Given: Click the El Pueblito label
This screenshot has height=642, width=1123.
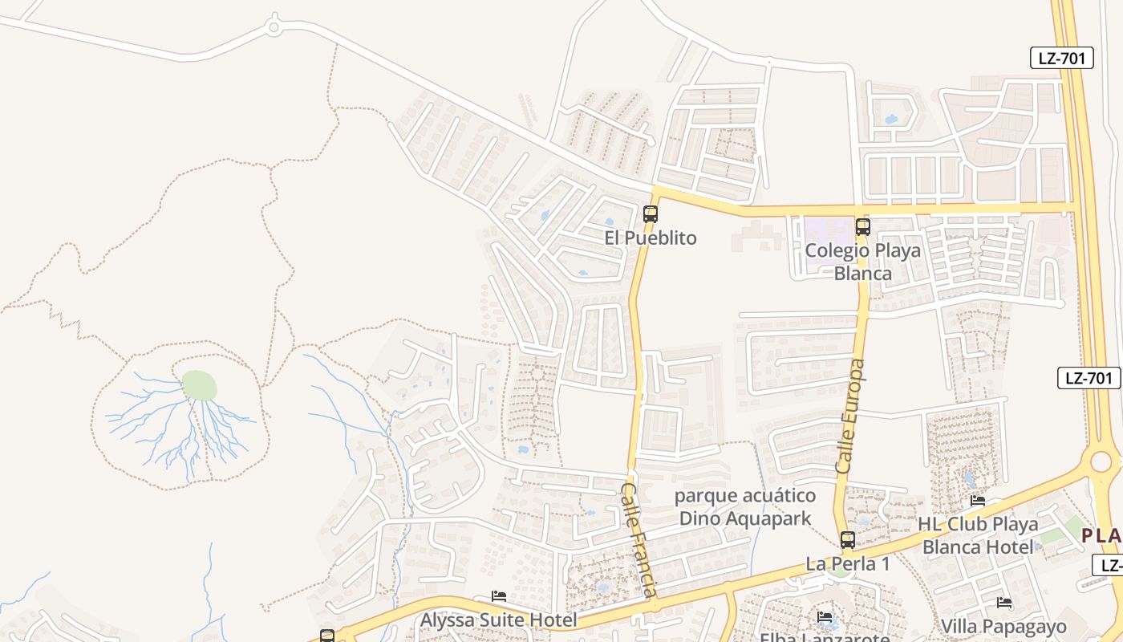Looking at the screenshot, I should point(651,238).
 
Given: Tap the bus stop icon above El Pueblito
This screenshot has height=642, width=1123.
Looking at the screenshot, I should point(651,214).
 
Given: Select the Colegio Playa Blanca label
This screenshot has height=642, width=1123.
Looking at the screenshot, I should point(863,262).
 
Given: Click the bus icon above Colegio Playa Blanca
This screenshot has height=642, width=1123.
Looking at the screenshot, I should point(863,226).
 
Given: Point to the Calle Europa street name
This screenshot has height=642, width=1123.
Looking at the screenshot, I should point(850,416).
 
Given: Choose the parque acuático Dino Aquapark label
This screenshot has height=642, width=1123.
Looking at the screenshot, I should point(745,507).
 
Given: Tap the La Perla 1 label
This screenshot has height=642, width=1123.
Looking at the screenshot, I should point(848,564).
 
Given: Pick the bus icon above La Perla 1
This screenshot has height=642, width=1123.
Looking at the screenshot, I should point(848,540).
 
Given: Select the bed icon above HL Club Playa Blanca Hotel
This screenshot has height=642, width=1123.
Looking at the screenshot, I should point(978,501).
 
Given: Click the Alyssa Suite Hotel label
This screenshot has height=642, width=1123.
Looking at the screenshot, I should point(499,620).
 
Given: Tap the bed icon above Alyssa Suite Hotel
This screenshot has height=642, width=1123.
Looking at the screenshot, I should point(499,596).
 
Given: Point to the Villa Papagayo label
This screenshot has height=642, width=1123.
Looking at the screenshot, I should point(1003,627).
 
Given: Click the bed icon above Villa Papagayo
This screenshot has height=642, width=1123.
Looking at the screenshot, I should point(1003,603).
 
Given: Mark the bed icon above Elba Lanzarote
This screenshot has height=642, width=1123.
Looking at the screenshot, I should point(825,617).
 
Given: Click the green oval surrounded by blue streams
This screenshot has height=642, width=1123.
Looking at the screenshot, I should point(200,386).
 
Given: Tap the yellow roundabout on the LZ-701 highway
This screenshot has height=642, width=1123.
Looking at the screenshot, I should point(1101,461).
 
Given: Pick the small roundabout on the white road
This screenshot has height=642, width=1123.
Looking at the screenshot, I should point(274,29).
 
